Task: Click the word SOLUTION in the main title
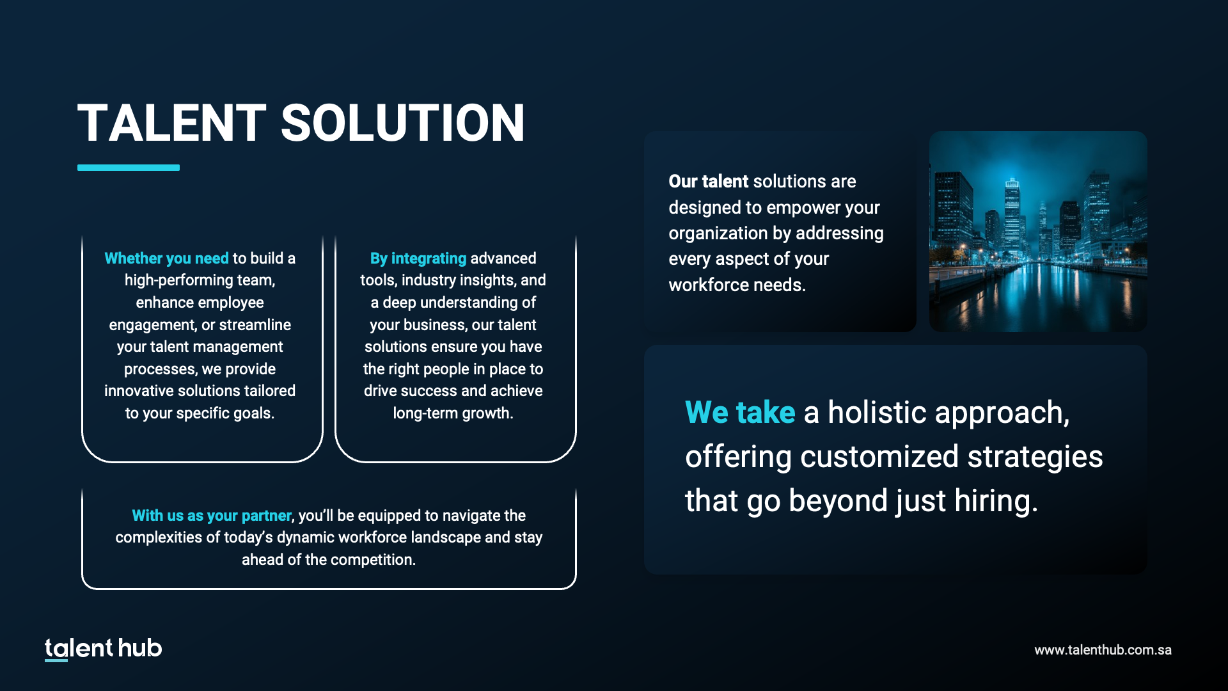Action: tap(403, 123)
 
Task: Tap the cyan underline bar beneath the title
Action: tap(129, 168)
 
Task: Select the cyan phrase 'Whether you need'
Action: tap(166, 258)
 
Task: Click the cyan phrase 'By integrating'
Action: tap(418, 258)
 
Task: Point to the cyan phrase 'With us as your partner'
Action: tap(212, 516)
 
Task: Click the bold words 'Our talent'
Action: tap(708, 182)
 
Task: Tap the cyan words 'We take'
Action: tap(740, 412)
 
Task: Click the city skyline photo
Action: tap(1038, 232)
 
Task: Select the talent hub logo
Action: tap(104, 648)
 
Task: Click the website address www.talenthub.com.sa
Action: tap(1103, 650)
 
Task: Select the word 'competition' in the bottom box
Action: tap(375, 560)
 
